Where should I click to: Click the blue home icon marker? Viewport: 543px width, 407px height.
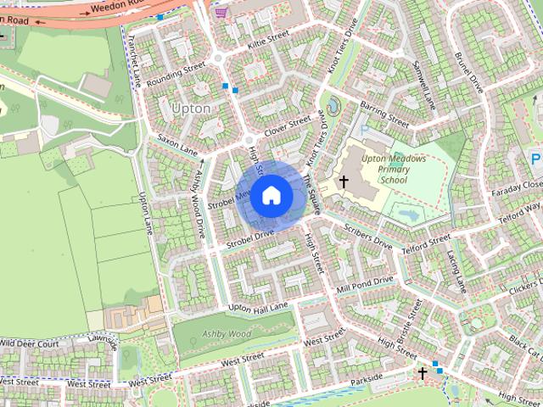[271, 195]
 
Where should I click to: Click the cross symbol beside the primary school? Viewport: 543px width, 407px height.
[344, 181]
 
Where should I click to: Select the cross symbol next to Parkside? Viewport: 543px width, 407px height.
[423, 372]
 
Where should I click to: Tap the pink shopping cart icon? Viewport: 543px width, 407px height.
[221, 12]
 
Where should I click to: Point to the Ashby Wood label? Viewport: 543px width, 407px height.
[228, 334]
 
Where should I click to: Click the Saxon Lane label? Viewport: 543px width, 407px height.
[176, 144]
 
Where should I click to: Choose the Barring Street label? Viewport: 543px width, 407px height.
[383, 114]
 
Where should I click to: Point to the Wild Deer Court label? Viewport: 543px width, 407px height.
[30, 343]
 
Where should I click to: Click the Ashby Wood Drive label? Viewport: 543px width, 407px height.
[201, 203]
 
